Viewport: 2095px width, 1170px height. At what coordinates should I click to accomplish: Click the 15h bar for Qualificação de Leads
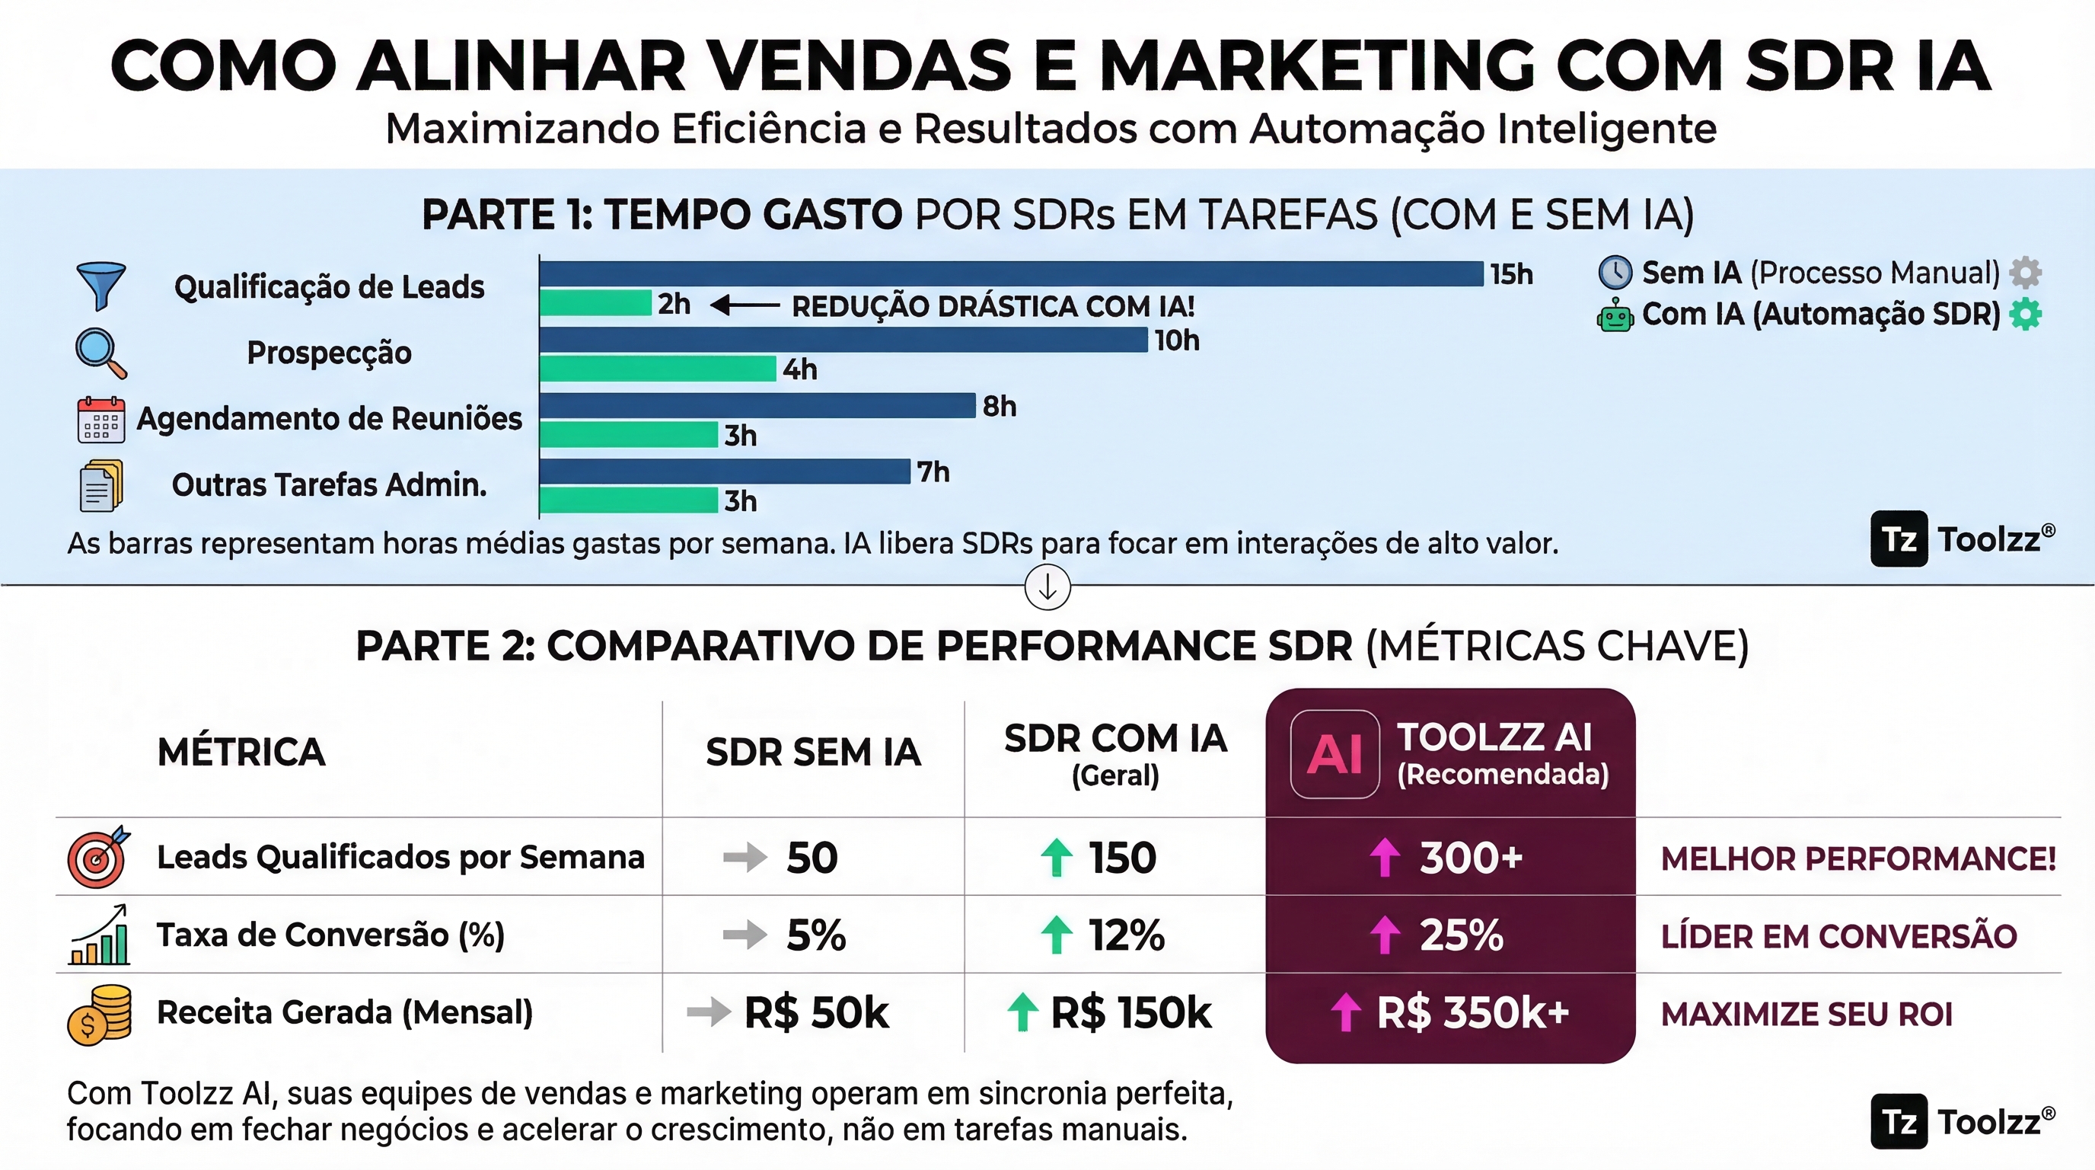click(x=1011, y=273)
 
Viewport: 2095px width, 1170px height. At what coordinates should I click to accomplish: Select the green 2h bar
click(x=595, y=303)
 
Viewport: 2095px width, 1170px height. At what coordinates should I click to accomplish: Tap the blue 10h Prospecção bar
click(x=843, y=339)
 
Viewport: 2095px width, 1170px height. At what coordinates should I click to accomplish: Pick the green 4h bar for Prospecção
click(x=657, y=369)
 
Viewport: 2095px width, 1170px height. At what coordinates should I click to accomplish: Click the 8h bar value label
click(x=1000, y=406)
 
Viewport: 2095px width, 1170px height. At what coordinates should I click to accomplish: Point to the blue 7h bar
click(x=725, y=471)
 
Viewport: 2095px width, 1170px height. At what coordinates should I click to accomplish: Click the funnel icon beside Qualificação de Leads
click(x=100, y=286)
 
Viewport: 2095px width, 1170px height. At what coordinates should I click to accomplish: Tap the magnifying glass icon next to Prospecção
click(x=100, y=353)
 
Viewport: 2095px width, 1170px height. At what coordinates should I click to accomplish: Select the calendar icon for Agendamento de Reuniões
click(x=100, y=420)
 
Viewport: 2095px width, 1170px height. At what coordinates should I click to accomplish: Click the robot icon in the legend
click(x=1615, y=315)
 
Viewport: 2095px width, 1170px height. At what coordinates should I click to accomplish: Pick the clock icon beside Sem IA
click(x=1615, y=273)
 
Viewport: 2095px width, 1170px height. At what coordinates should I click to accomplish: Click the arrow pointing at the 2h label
click(x=745, y=305)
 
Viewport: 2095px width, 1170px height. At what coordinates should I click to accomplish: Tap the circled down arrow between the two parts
click(x=1047, y=587)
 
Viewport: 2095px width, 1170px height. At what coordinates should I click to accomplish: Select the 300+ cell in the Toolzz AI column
click(x=1450, y=857)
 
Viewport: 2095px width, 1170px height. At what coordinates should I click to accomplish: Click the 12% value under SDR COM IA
click(x=1127, y=935)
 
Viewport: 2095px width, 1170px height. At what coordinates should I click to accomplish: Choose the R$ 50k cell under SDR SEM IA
click(x=816, y=1013)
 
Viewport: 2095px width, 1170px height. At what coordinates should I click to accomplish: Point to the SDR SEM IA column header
click(x=813, y=752)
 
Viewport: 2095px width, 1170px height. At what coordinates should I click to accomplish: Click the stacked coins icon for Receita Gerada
click(x=99, y=1014)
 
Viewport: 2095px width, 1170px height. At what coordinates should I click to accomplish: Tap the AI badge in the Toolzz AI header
click(x=1334, y=754)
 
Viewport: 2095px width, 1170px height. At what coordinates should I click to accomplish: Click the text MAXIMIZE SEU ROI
click(x=1806, y=1015)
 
